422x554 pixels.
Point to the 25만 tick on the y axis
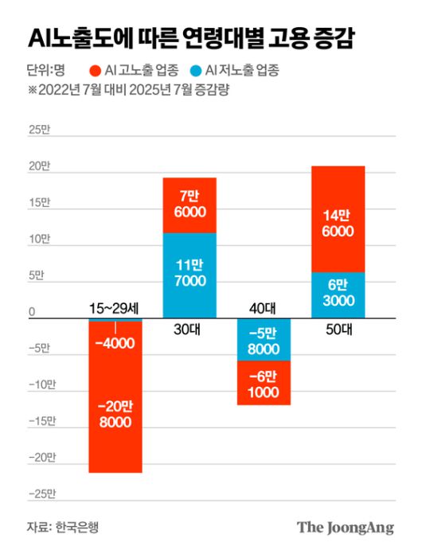[x=39, y=130]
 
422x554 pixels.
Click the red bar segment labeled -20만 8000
[x=115, y=414]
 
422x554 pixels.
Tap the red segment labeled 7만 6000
[x=190, y=205]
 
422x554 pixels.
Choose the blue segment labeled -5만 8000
[x=264, y=341]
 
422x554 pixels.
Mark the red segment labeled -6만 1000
[x=264, y=383]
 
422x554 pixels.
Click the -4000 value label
[x=115, y=344]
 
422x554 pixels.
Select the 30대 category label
[x=190, y=330]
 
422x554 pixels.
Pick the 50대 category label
[x=338, y=330]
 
